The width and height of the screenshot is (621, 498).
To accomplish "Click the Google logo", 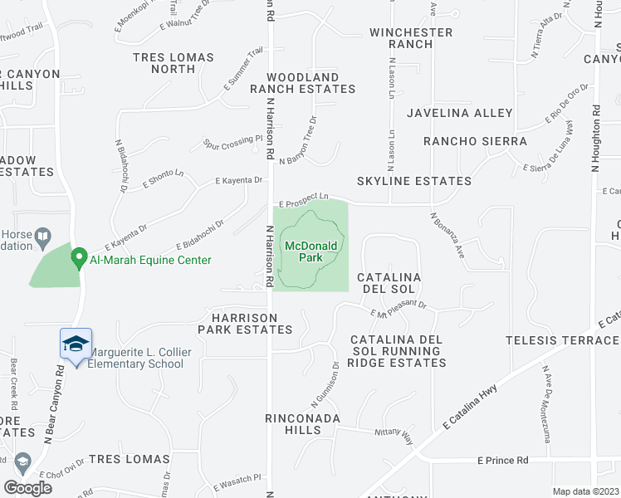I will coord(27,488).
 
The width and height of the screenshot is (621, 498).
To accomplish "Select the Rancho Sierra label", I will coord(475,141).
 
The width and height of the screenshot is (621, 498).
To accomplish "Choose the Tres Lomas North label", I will coord(174,63).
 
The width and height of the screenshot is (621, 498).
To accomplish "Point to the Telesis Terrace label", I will coord(563,341).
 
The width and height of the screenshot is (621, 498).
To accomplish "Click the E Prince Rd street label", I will coord(503,460).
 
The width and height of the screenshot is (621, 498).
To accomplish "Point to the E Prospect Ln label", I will coord(304,198).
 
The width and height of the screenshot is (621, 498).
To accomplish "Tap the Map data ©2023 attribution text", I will coord(585,491).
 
